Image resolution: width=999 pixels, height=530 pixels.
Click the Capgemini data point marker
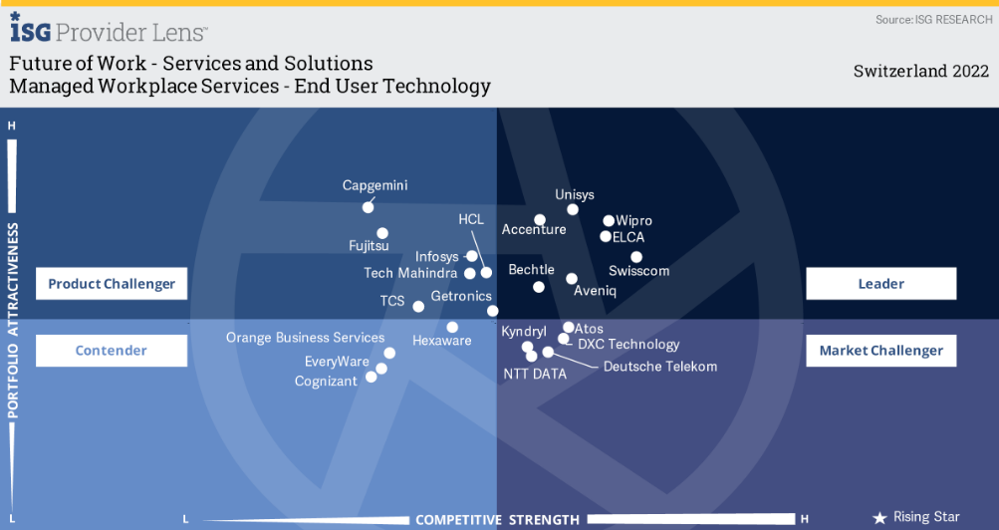coord(368,207)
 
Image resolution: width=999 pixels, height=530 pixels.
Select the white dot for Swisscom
coord(636,257)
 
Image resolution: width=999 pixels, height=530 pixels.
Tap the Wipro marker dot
coord(609,221)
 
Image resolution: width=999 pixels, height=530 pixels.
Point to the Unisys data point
coord(573,209)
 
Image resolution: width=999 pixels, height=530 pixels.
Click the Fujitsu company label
coord(369,245)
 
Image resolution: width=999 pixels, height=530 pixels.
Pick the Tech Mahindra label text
coord(410,273)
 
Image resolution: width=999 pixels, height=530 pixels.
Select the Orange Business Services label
coord(305,338)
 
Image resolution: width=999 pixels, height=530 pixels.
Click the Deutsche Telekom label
coord(660,367)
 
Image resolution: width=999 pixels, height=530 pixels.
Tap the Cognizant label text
coord(326,382)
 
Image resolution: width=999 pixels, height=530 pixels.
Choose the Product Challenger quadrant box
coord(112,284)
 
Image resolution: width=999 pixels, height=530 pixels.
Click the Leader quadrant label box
coord(880,284)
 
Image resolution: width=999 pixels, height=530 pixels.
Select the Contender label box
coord(112,351)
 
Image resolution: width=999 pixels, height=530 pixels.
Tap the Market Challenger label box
coord(880,351)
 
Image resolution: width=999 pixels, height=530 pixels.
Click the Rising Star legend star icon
coord(879,518)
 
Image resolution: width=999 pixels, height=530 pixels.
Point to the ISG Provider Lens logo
coord(109,32)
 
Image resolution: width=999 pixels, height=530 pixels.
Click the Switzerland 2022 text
coord(921,71)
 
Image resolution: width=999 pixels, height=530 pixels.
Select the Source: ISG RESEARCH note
coord(933,20)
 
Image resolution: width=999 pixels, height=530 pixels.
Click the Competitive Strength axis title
coord(497,520)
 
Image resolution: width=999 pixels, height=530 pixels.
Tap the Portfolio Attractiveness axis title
coord(13,319)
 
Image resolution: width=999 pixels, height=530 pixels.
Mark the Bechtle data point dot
coord(539,287)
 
